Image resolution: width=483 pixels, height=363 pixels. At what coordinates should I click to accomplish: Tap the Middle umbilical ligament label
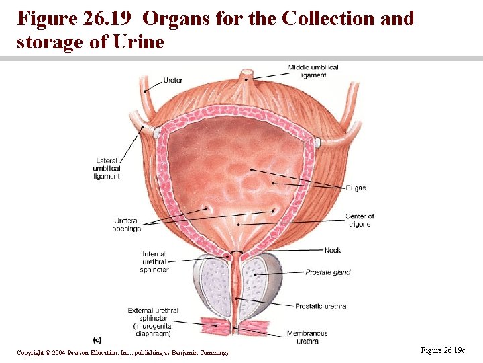tap(313, 71)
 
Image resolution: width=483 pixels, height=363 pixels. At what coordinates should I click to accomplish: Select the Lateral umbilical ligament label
tap(107, 169)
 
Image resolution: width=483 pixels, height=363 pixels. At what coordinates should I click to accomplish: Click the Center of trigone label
tap(359, 220)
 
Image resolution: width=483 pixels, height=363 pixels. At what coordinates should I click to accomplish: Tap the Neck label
tap(332, 250)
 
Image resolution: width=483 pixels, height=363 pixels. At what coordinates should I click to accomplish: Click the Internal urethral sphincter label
tap(155, 262)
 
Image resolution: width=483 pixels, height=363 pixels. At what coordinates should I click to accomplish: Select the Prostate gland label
tap(327, 272)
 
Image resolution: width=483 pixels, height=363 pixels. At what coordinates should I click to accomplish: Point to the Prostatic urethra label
tap(321, 306)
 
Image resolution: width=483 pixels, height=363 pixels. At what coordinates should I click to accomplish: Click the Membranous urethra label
tap(307, 337)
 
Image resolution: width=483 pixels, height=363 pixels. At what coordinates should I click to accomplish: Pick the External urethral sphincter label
tap(153, 321)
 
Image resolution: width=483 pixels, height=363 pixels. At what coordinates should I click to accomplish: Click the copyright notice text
tap(123, 352)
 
